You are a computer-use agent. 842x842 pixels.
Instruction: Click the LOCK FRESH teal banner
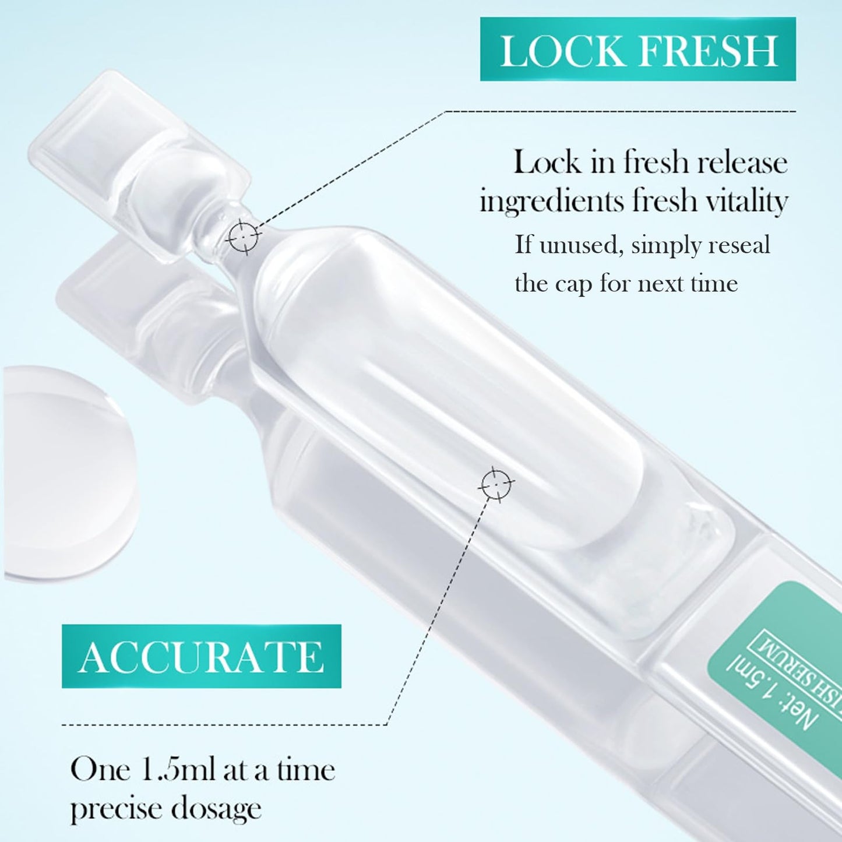(x=637, y=50)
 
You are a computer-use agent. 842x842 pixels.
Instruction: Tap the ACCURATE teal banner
(x=201, y=657)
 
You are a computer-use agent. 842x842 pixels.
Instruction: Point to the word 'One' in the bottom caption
(x=100, y=770)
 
